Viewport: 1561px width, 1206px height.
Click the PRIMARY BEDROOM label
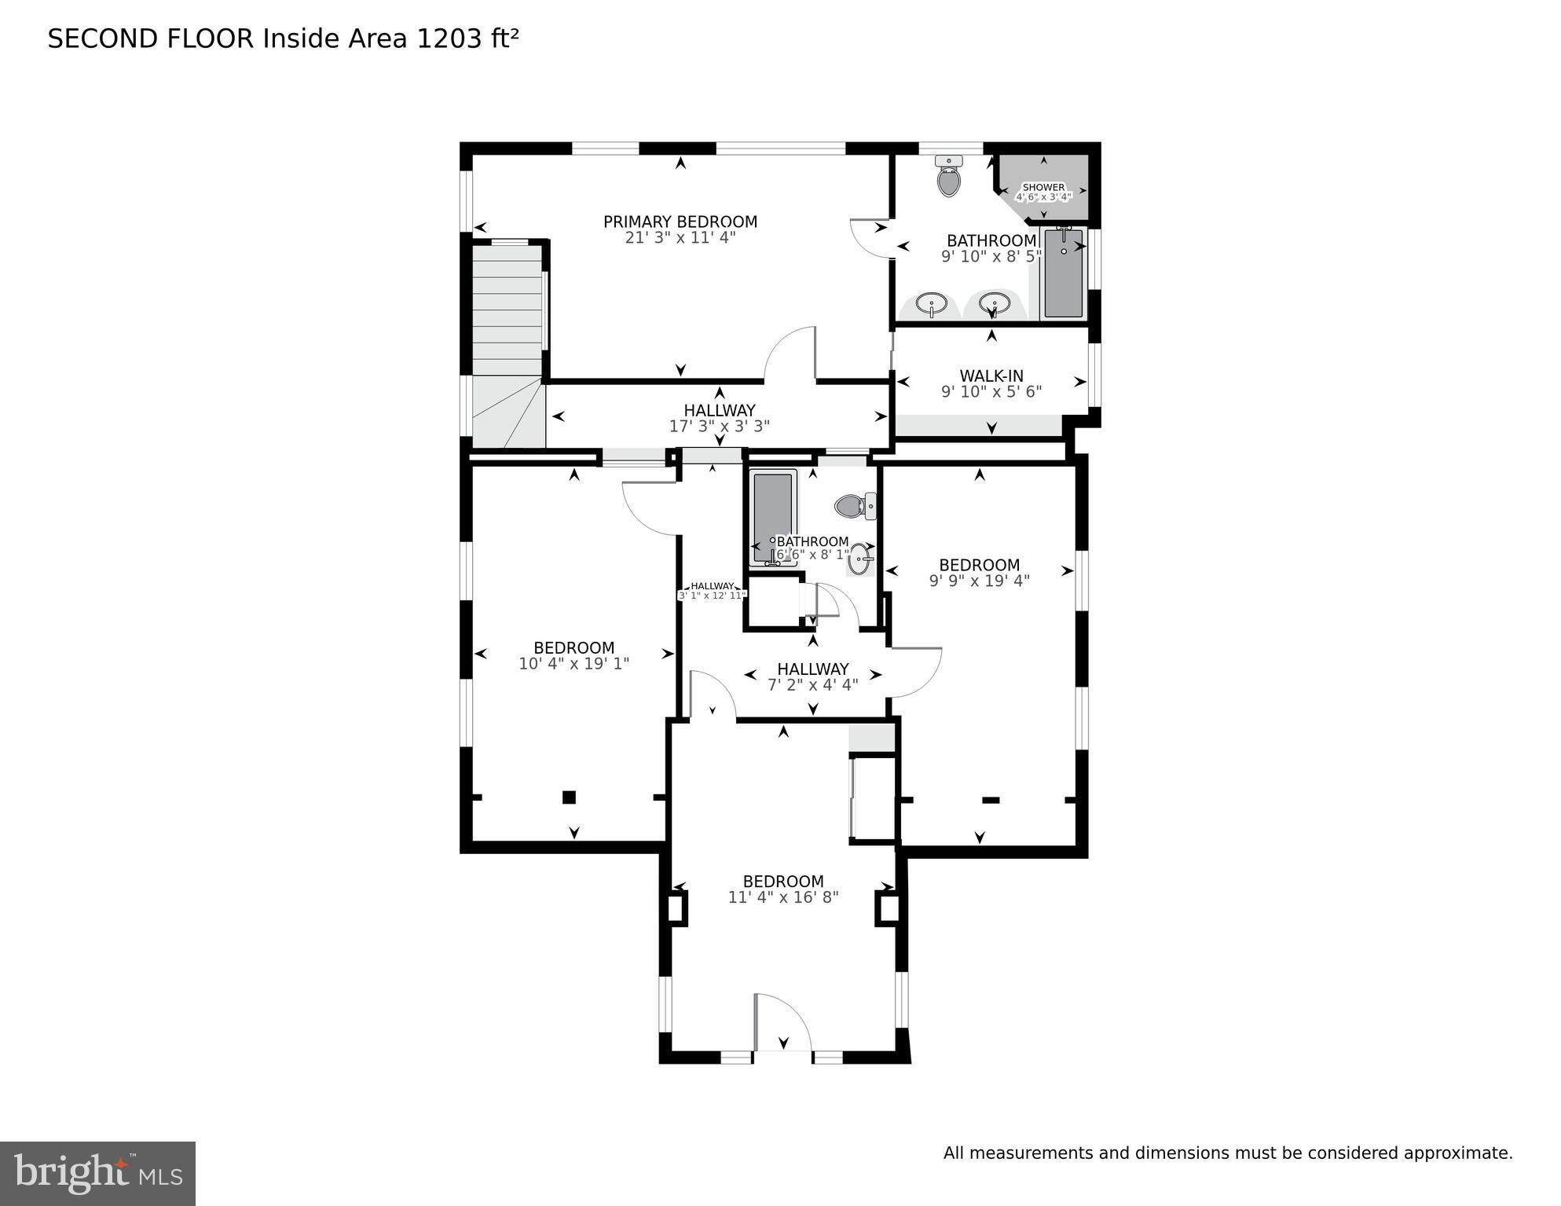[x=680, y=222]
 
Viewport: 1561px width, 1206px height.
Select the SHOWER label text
[x=1043, y=188]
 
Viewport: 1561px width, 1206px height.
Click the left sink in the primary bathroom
[x=932, y=303]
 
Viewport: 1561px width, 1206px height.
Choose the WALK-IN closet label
[x=991, y=376]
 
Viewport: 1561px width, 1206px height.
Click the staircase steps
[x=508, y=314]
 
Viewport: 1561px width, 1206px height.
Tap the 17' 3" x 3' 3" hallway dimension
[x=719, y=427]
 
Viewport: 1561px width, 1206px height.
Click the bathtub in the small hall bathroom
[x=773, y=515]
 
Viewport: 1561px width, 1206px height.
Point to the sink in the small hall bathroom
[x=860, y=559]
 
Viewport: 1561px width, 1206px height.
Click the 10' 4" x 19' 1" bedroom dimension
[x=573, y=664]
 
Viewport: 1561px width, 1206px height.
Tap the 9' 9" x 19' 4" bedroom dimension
[x=979, y=581]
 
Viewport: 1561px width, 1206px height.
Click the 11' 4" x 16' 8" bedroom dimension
[x=783, y=897]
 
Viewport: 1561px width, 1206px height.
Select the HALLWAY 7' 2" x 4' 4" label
[x=812, y=676]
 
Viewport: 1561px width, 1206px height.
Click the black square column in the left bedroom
[x=569, y=797]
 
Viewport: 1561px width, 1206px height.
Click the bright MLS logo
[x=97, y=1173]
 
